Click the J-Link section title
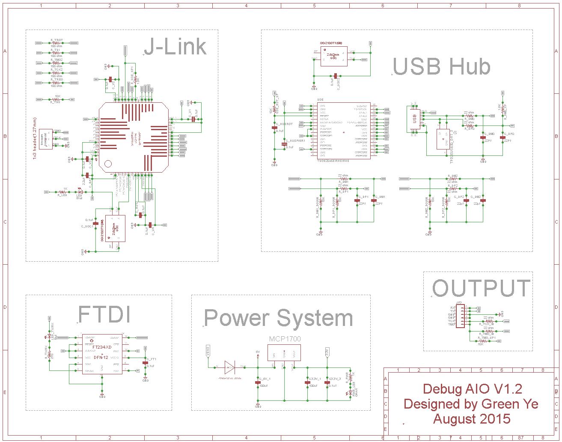pos(175,47)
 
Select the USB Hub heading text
pos(441,67)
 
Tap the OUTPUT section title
pos(481,288)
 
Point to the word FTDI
pos(104,314)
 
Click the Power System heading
pos(278,318)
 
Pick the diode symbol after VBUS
pos(229,367)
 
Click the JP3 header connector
pos(460,317)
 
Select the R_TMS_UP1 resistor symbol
pos(483,341)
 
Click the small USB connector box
pos(414,118)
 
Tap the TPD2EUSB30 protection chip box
pos(443,139)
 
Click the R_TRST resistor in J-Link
pos(56,43)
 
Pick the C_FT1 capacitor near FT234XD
pos(145,362)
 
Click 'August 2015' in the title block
pos(471,418)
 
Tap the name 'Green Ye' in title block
pos(510,404)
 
